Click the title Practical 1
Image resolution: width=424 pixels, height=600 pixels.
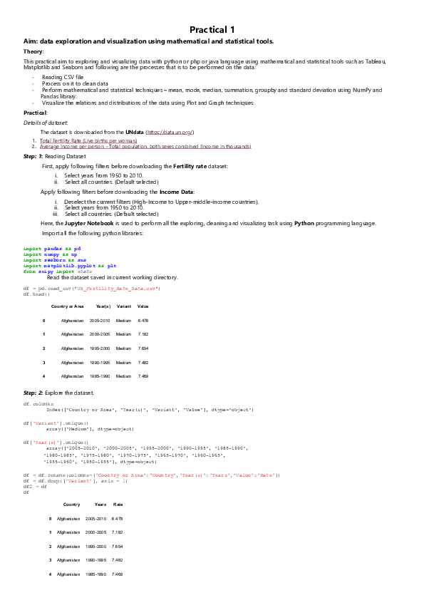click(x=212, y=30)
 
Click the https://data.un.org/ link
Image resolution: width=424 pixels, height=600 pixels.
click(x=170, y=133)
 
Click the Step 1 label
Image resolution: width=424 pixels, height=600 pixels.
click(x=33, y=155)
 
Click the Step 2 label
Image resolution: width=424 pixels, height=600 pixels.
click(x=33, y=393)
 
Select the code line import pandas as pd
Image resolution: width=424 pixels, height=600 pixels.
click(x=52, y=248)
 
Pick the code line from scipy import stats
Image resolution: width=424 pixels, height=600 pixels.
click(x=58, y=271)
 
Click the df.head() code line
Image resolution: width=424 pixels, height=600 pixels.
click(x=36, y=294)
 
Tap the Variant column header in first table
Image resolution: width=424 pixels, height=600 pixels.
click(x=124, y=306)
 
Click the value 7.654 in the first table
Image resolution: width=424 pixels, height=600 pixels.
click(x=143, y=348)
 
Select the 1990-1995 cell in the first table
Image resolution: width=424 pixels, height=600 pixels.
click(x=100, y=362)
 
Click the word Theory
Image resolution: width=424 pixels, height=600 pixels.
click(x=33, y=52)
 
